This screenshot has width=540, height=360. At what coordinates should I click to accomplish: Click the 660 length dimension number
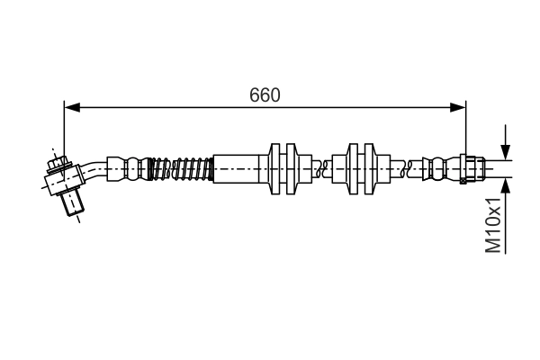tap(265, 94)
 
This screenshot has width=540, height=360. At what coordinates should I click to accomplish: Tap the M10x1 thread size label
tap(493, 226)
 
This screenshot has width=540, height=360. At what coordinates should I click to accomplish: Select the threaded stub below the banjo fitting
tap(72, 207)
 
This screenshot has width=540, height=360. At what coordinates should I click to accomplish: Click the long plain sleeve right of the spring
tap(236, 168)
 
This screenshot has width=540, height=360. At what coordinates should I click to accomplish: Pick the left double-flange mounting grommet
tap(283, 168)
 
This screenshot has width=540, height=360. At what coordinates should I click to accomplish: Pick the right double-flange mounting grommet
tap(361, 168)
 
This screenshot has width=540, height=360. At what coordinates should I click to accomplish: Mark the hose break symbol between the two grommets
tap(319, 168)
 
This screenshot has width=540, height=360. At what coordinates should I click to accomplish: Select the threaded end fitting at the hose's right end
tap(473, 168)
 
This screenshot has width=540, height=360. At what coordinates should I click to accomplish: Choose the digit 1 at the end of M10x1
tap(493, 204)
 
